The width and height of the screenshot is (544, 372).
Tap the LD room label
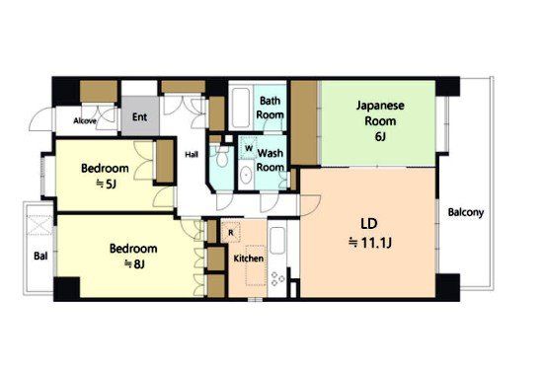[369, 224]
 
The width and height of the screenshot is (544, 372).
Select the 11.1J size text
[370, 243]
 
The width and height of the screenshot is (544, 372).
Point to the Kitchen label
[248, 259]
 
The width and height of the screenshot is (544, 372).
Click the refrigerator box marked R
[231, 232]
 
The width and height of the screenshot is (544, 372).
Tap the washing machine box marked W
[249, 148]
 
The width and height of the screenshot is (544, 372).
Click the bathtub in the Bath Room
[241, 108]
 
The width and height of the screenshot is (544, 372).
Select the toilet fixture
[221, 158]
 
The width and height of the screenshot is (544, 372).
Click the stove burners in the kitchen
[277, 279]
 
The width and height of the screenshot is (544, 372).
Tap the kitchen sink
[276, 241]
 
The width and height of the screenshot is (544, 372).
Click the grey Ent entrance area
[140, 115]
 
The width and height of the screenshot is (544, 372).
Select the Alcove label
[85, 121]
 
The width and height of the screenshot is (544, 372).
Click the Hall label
[192, 155]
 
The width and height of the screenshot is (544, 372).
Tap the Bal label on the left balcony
[40, 257]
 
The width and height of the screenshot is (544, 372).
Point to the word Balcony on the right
[466, 212]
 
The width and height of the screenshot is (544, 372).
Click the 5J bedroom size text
[106, 185]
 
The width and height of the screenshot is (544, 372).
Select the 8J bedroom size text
[134, 264]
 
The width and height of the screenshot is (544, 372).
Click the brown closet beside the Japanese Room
[304, 122]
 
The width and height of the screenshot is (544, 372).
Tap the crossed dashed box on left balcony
[39, 225]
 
